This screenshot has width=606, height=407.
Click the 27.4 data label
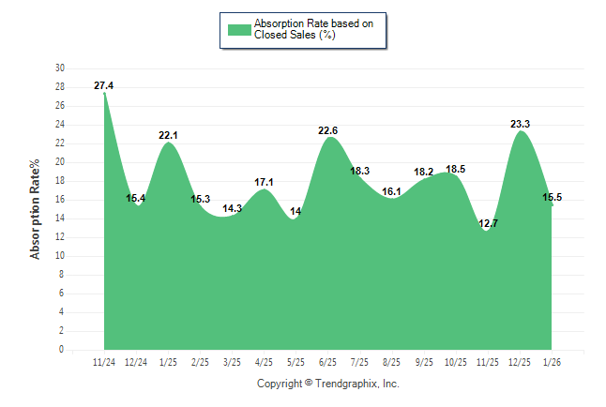(104, 86)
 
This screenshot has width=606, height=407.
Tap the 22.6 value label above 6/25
(328, 130)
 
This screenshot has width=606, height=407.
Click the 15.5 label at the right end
(553, 197)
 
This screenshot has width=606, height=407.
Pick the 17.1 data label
(265, 182)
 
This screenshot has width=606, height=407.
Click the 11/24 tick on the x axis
(104, 362)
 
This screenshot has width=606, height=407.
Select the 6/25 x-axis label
(328, 362)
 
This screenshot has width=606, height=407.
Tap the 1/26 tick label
(552, 362)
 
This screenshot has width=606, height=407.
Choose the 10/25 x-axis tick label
(456, 362)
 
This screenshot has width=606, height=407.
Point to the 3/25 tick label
(232, 362)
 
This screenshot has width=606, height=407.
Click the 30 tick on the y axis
(60, 68)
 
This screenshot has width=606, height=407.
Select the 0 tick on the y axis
(62, 350)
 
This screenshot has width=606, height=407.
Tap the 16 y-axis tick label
(60, 200)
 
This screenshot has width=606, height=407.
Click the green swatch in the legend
(239, 29)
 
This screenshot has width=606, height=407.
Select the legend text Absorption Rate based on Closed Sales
(307, 29)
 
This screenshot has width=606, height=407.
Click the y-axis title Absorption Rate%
(36, 209)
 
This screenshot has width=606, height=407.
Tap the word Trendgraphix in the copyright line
(346, 384)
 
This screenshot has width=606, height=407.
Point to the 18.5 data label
(456, 169)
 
